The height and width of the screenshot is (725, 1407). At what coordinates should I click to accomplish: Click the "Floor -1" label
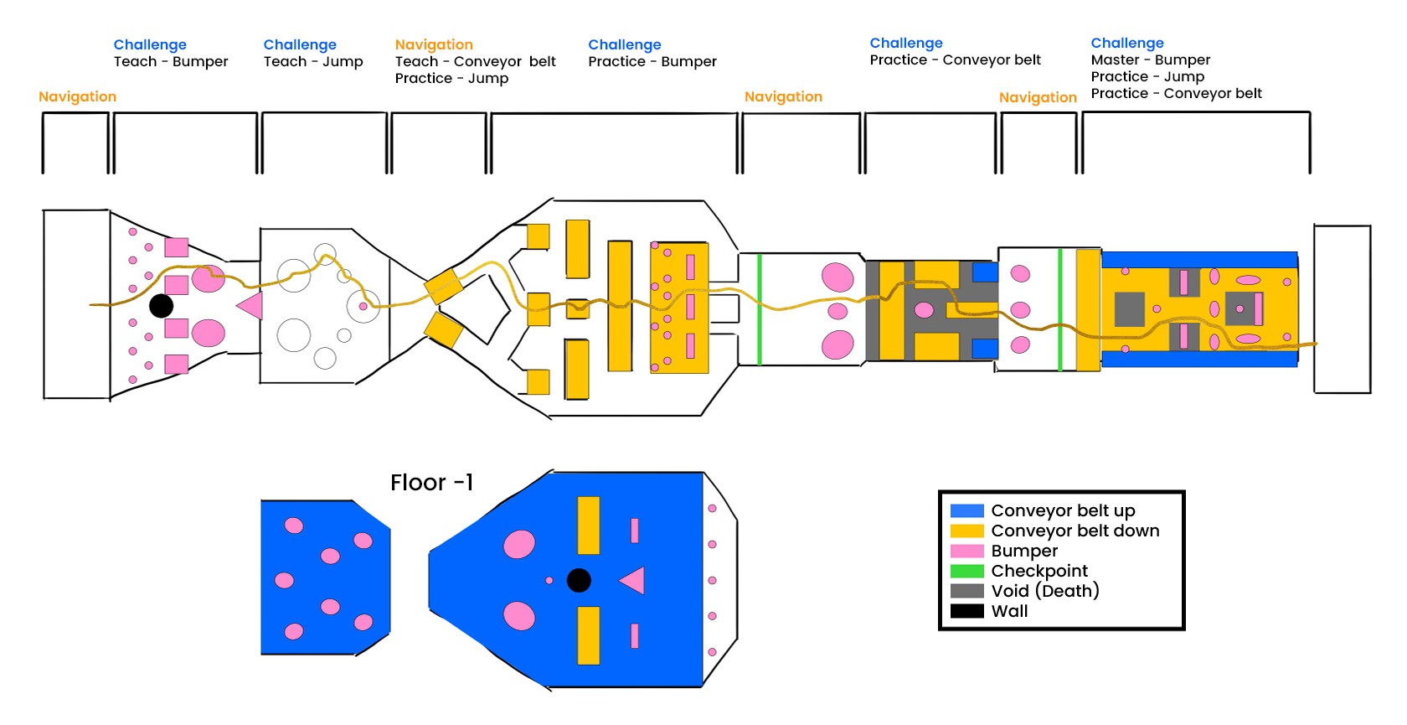click(431, 483)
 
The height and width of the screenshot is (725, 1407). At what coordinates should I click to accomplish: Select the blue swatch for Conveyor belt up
click(966, 510)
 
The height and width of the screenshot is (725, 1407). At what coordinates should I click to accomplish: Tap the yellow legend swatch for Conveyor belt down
click(966, 531)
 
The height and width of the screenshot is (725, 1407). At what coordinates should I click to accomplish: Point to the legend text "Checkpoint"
click(1038, 571)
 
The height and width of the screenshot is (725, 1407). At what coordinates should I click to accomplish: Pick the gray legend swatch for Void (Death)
click(966, 591)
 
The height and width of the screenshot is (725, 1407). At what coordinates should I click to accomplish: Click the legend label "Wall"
click(1009, 611)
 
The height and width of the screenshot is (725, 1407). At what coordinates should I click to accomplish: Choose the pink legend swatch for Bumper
click(966, 551)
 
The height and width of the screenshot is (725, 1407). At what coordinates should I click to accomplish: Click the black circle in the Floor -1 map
click(579, 580)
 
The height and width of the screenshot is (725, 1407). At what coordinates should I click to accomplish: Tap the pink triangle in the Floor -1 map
click(633, 580)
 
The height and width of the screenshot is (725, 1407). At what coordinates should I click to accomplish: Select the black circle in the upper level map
click(161, 306)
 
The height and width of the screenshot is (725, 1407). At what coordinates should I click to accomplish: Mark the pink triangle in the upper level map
click(251, 305)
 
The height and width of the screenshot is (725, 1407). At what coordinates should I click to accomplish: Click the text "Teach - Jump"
click(313, 61)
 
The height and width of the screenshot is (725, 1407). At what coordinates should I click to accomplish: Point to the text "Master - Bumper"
click(1150, 60)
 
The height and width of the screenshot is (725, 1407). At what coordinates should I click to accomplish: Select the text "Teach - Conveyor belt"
click(475, 61)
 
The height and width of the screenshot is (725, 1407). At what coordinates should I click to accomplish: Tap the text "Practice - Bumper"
click(652, 61)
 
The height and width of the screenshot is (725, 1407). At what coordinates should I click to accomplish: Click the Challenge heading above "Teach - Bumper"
click(150, 44)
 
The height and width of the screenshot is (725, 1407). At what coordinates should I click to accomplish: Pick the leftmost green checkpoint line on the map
click(759, 309)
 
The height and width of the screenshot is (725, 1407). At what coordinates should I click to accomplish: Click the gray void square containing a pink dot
click(1239, 308)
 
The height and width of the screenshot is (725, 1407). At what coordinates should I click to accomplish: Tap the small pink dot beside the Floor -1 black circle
click(549, 580)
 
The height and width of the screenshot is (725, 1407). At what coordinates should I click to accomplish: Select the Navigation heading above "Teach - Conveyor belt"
click(434, 44)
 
